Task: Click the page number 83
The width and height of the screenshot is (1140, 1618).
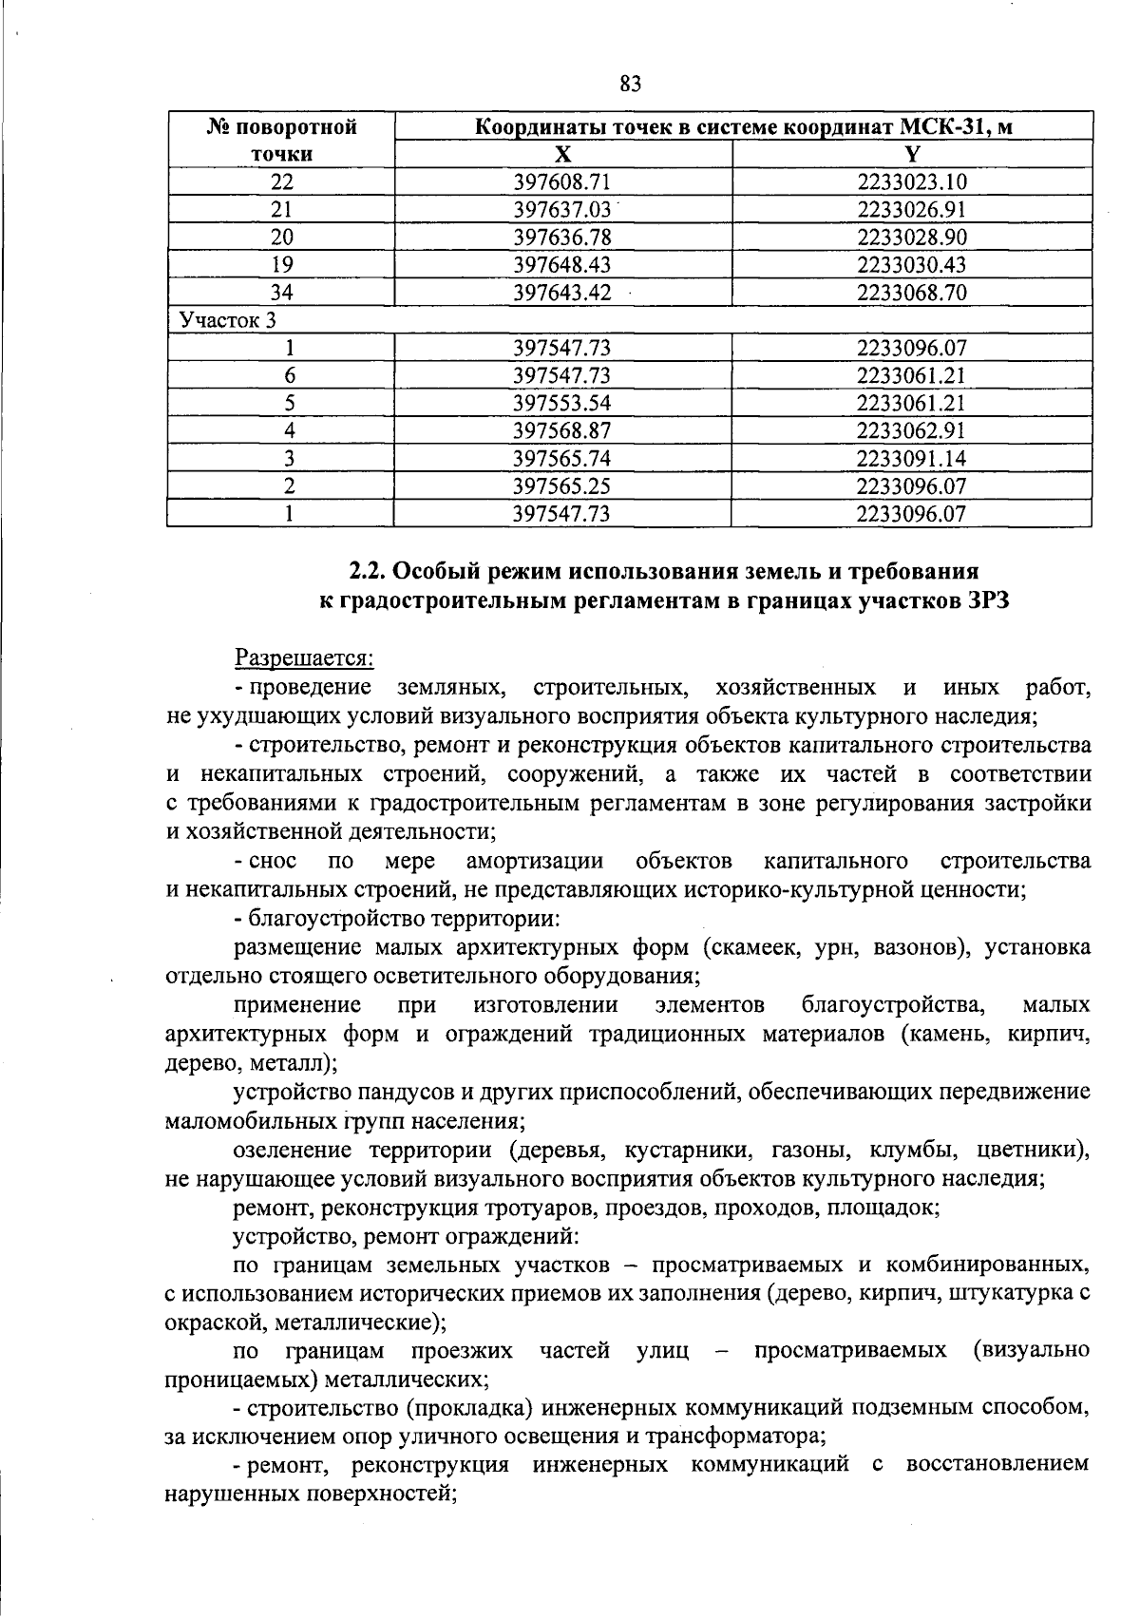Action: click(x=630, y=84)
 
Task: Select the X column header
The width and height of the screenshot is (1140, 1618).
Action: click(x=562, y=155)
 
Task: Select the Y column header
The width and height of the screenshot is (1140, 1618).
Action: click(x=911, y=155)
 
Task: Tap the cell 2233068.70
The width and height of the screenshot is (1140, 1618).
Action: click(x=910, y=293)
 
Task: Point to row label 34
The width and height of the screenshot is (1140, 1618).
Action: click(x=281, y=293)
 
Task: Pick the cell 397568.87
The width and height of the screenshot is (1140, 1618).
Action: click(x=561, y=430)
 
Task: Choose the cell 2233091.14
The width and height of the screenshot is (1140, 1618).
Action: click(x=910, y=458)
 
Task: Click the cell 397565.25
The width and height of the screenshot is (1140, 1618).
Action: click(x=561, y=486)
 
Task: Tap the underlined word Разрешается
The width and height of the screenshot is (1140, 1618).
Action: click(x=304, y=657)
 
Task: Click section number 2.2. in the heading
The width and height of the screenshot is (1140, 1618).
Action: click(x=368, y=572)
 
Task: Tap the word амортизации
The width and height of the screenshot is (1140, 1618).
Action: click(x=535, y=861)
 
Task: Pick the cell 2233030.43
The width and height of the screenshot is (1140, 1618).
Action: click(x=910, y=265)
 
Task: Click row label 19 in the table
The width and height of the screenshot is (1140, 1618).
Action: click(x=281, y=265)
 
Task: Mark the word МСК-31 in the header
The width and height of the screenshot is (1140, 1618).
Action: click(x=936, y=126)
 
